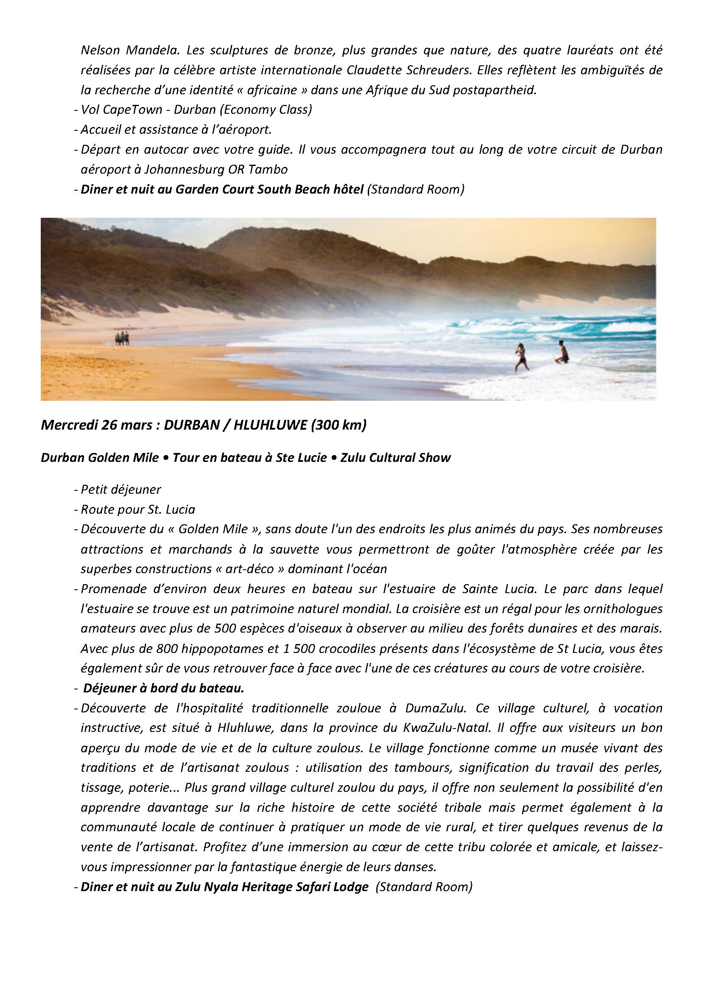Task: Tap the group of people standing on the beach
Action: tap(122, 338)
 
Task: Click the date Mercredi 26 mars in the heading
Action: tap(96, 425)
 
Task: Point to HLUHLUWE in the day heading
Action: tap(270, 425)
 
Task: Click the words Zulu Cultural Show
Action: tap(395, 458)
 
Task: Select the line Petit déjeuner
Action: tap(121, 489)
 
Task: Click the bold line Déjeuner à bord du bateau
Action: tap(164, 688)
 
